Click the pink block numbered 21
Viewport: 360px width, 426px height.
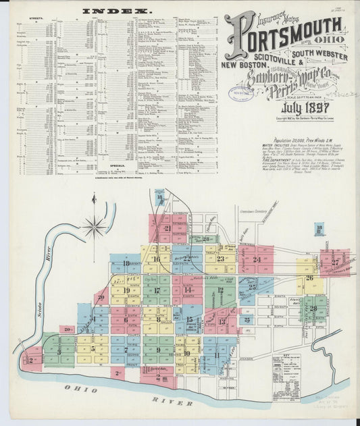click(166, 228)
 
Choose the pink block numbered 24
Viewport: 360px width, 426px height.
click(256, 259)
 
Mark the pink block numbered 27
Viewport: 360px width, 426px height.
click(335, 262)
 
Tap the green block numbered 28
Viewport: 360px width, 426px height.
click(313, 308)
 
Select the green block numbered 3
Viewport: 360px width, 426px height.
click(59, 350)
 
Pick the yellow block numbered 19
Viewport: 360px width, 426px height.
click(126, 291)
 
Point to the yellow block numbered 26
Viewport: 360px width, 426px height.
click(310, 278)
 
